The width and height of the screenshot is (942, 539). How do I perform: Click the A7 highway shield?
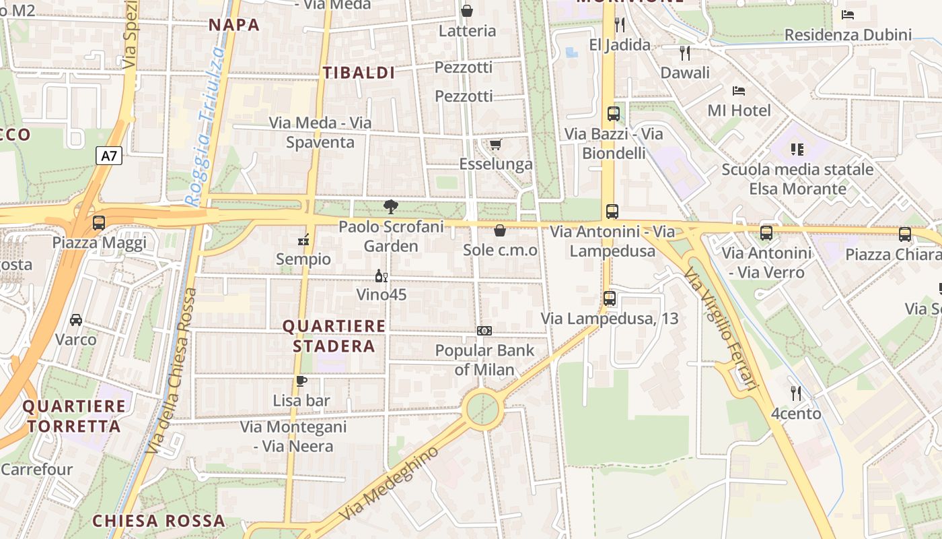click(x=108, y=156)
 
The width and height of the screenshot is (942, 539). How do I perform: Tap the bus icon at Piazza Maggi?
click(x=99, y=222)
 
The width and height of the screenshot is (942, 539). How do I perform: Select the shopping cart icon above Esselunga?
click(x=496, y=144)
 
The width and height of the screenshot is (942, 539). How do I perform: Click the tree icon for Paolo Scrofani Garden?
click(x=390, y=207)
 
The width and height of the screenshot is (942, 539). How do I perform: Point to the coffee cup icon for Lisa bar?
click(x=301, y=381)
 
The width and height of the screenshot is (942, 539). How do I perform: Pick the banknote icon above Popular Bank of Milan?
click(x=484, y=331)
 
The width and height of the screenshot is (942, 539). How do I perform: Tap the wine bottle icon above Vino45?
click(x=381, y=276)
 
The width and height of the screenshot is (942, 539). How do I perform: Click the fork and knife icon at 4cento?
click(x=796, y=393)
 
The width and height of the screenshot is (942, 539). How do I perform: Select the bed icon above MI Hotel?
click(x=739, y=90)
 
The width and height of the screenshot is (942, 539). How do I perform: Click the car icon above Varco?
click(x=76, y=319)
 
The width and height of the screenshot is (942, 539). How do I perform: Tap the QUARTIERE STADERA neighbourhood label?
click(x=334, y=336)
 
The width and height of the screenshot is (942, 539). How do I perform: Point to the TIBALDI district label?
click(x=359, y=73)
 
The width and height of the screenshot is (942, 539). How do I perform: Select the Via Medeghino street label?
click(x=388, y=483)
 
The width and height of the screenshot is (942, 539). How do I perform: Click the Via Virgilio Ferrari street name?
click(x=720, y=328)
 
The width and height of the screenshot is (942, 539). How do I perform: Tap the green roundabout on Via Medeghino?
click(x=483, y=408)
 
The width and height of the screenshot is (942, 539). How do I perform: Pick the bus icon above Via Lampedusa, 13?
click(x=610, y=298)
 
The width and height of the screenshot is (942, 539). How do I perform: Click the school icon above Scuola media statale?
click(x=797, y=150)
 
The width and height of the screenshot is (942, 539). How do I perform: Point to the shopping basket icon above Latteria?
click(x=467, y=11)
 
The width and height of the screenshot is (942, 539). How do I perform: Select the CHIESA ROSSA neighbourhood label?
click(x=159, y=521)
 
